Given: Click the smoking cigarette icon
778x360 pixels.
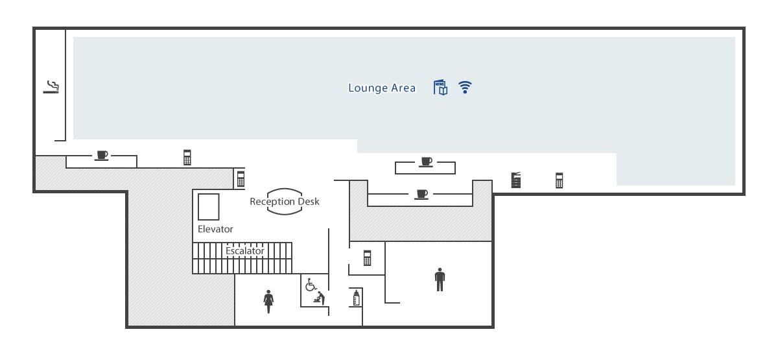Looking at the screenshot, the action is coord(51,87).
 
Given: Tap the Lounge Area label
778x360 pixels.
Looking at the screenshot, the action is coord(382,88).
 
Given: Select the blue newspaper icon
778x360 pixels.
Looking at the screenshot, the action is coord(440,87).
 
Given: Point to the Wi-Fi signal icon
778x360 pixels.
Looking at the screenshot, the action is coord(465,87).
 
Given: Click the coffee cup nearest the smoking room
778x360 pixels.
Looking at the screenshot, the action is coord(102,155).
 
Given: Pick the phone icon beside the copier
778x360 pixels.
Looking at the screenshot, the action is coord(559,180).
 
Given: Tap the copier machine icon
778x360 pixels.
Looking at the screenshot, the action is coord(516,180).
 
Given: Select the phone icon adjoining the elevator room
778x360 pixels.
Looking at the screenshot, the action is coord(241,179).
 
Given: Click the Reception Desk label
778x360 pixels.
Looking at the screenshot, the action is coord(285,202).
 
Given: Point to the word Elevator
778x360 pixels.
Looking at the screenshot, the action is coord(215,229).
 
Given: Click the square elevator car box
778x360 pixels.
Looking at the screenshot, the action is coord(208,207).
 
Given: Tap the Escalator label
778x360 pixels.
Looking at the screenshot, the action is coord(245,251).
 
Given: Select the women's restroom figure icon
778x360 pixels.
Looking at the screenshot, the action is coord(268,301).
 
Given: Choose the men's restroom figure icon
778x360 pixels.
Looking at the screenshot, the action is coord(440,280).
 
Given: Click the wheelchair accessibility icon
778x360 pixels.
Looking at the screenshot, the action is coord(311,285).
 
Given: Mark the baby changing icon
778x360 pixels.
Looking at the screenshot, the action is coord(320,298).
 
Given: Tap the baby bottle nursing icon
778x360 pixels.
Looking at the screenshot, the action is coord(356,298).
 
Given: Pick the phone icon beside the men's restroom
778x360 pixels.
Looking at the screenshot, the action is coord(367,258).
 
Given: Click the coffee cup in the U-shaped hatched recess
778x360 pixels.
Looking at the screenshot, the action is coord(422,194).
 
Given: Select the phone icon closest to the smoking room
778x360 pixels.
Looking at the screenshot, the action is coord(187,157).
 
